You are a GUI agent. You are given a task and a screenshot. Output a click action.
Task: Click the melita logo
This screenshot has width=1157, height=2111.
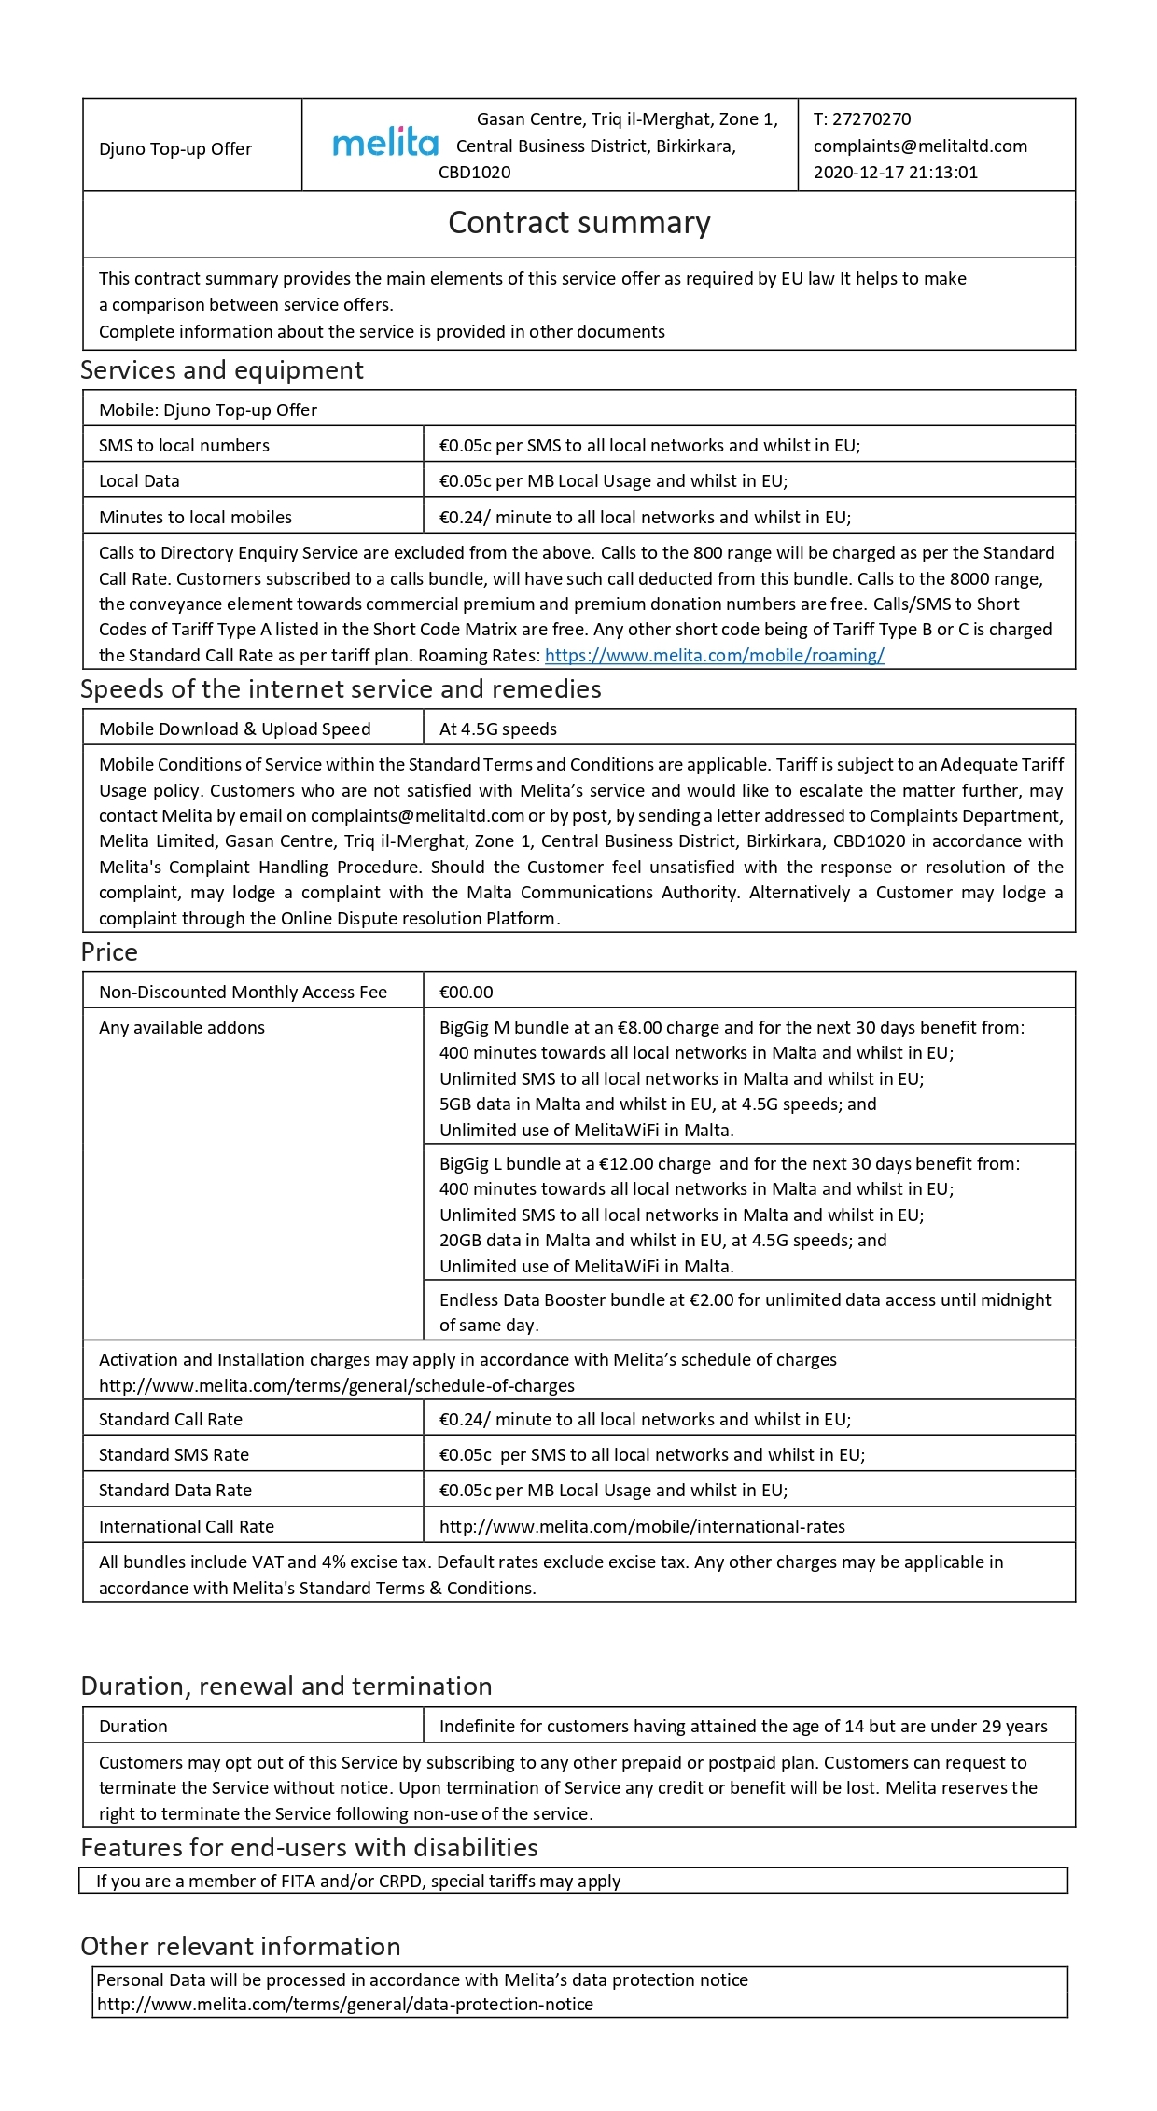tap(384, 144)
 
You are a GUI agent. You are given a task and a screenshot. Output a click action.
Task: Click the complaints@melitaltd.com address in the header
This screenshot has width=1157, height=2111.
tap(919, 146)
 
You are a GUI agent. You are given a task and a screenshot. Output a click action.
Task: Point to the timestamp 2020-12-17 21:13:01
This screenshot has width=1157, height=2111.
tap(895, 173)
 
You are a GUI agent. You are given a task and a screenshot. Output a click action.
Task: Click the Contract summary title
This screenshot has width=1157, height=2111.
tap(578, 223)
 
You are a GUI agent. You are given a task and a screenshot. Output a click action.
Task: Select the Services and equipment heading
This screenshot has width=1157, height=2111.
tap(221, 370)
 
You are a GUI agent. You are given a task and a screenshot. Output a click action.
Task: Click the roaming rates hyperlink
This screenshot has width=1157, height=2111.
tap(714, 656)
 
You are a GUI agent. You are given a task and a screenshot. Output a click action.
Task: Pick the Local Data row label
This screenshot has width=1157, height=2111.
tap(139, 481)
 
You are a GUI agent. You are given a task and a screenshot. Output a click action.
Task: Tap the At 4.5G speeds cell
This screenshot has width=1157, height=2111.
tap(497, 729)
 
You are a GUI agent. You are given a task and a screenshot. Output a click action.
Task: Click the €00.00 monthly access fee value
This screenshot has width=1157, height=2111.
tap(466, 993)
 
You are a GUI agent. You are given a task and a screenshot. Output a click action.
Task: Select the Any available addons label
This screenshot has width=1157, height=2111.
tap(182, 1028)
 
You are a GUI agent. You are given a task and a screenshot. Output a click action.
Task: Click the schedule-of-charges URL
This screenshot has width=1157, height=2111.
tap(336, 1386)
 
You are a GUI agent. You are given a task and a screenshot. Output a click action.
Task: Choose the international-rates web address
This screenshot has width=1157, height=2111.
tap(642, 1527)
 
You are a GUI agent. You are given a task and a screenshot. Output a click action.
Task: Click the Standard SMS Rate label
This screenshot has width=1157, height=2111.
tap(174, 1455)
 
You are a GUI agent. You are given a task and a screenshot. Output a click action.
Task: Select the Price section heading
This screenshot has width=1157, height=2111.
tap(109, 952)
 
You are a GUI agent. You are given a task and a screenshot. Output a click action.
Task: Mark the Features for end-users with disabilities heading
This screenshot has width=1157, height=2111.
tap(309, 1848)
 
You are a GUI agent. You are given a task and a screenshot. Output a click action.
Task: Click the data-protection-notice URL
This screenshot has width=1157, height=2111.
tap(344, 2004)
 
